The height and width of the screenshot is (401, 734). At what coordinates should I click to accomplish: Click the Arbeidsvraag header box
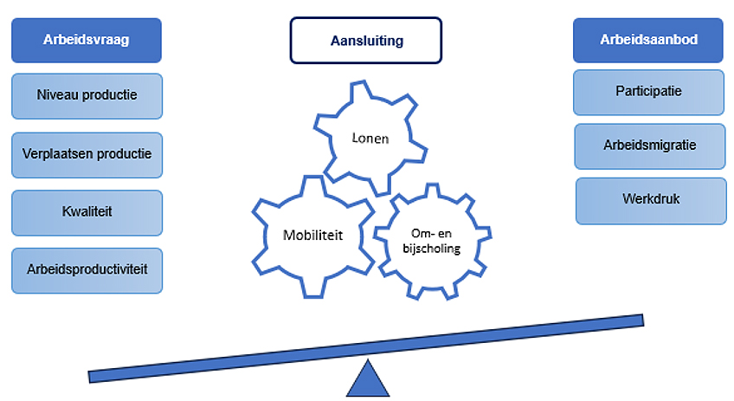87,41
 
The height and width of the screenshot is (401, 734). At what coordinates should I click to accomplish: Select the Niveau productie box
87,96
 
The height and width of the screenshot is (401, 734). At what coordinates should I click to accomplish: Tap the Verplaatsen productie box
87,155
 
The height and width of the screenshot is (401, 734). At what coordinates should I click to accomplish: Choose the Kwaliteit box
87,213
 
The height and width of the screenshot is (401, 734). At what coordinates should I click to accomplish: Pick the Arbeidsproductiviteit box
87,271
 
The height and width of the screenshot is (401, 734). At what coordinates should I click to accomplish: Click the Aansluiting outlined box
366,41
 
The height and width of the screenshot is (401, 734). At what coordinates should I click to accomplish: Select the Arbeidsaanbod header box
648,41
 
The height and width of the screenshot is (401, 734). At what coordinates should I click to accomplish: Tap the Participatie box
649,93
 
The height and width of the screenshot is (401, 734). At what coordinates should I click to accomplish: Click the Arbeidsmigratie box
650,146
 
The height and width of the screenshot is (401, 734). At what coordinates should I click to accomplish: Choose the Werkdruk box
651,201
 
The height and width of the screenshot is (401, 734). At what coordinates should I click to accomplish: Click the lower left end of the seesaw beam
90,377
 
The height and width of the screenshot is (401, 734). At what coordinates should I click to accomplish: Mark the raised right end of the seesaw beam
642,320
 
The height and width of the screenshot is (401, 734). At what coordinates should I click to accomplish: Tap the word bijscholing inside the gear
432,249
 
